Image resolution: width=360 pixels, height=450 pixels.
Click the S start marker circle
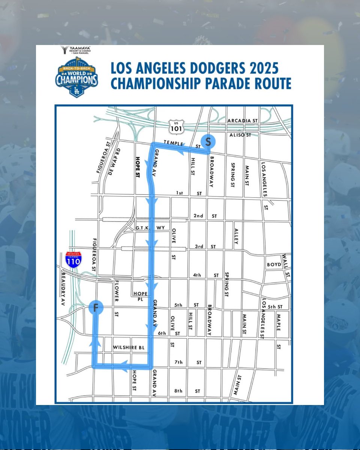[x=208, y=141]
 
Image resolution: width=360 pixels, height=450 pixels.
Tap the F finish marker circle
[x=96, y=308]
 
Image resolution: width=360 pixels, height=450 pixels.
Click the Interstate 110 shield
[x=73, y=259]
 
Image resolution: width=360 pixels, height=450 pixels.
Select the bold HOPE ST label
[x=138, y=167]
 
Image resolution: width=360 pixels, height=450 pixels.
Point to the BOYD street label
[x=274, y=264]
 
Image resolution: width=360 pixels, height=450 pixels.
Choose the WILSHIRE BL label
[x=129, y=348]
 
